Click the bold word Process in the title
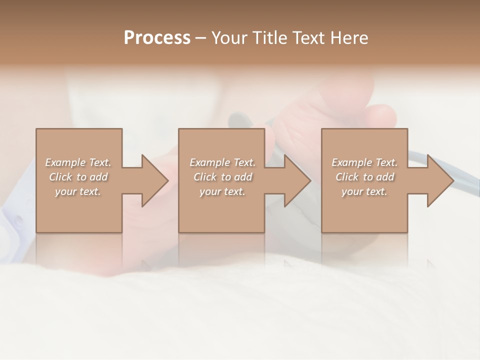(157, 38)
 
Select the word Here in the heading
(349, 38)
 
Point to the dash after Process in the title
(201, 38)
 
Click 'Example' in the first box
(64, 162)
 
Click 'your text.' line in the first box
(78, 191)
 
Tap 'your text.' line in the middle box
(222, 191)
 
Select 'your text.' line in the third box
(364, 191)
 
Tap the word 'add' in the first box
(99, 177)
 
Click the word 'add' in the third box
(385, 177)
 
